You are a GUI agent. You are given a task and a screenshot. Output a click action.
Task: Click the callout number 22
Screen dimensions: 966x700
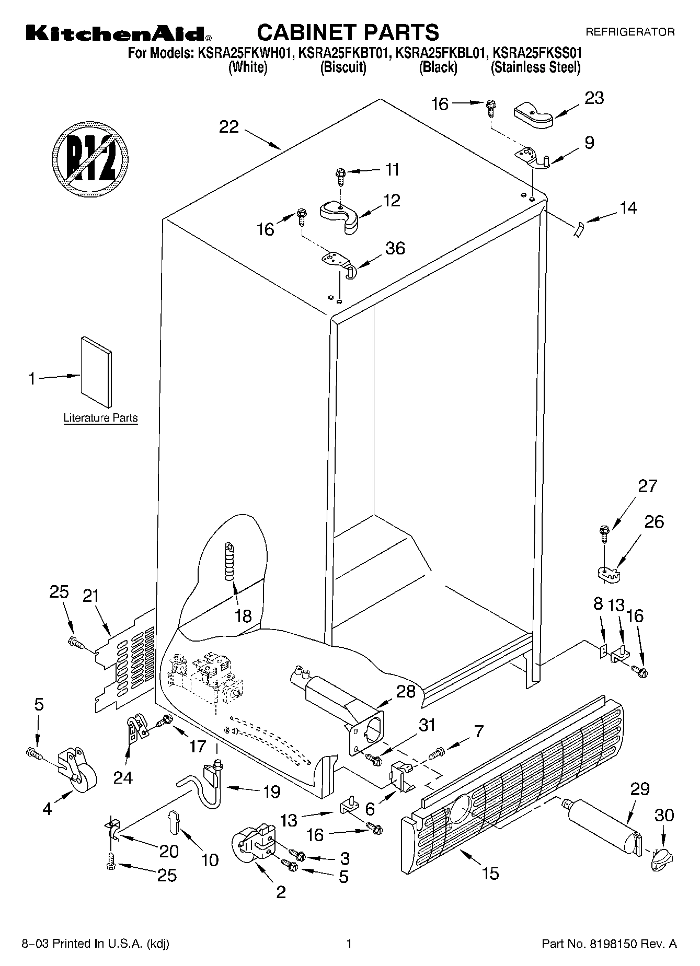point(228,127)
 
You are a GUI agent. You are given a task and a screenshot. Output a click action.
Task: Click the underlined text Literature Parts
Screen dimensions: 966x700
point(100,418)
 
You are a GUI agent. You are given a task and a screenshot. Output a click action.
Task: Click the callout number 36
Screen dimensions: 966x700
point(395,248)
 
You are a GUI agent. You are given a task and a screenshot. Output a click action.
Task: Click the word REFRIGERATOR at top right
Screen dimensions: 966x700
point(629,32)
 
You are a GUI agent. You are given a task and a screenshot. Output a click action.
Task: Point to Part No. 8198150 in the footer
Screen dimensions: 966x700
point(609,944)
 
